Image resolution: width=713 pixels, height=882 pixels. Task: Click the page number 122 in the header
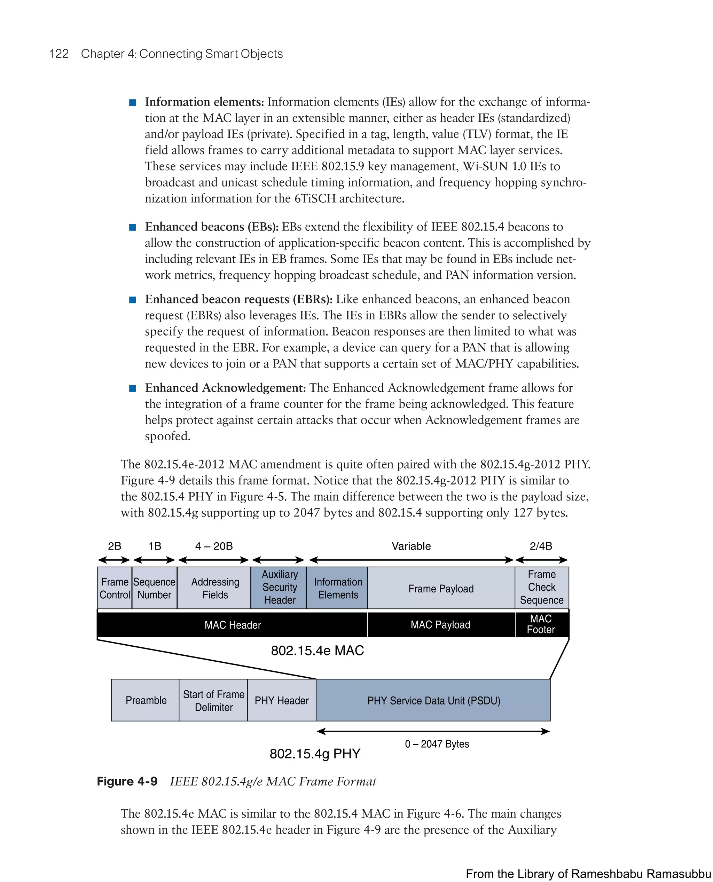pyautogui.click(x=59, y=54)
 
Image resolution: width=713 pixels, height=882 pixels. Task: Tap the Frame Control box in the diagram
pyautogui.click(x=115, y=588)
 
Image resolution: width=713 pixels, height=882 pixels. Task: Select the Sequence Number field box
pyautogui.click(x=155, y=588)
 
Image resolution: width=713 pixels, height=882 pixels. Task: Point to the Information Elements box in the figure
pyautogui.click(x=338, y=588)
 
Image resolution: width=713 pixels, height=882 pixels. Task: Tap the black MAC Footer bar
pyautogui.click(x=541, y=624)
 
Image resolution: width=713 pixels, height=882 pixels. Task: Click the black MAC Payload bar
pyautogui.click(x=440, y=624)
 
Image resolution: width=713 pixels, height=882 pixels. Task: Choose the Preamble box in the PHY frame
pyautogui.click(x=146, y=700)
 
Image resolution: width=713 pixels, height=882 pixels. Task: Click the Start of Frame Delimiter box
pyautogui.click(x=213, y=700)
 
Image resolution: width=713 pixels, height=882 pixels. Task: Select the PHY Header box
pyautogui.click(x=282, y=700)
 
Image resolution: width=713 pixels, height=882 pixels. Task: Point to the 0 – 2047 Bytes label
pyautogui.click(x=437, y=743)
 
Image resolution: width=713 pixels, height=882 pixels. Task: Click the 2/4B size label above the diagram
pyautogui.click(x=541, y=546)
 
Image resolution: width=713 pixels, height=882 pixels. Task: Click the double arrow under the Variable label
pyautogui.click(x=411, y=560)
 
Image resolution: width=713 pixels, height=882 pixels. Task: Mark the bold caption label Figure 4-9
pyautogui.click(x=127, y=781)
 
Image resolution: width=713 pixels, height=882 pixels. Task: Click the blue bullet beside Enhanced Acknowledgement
pyautogui.click(x=132, y=388)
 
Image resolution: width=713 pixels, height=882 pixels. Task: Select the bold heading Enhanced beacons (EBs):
pyautogui.click(x=212, y=227)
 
